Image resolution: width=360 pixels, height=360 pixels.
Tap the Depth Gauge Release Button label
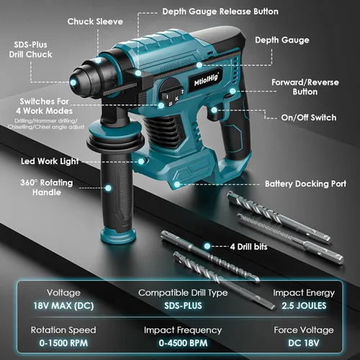coord(220,12)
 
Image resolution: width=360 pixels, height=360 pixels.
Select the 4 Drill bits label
coord(252,246)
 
